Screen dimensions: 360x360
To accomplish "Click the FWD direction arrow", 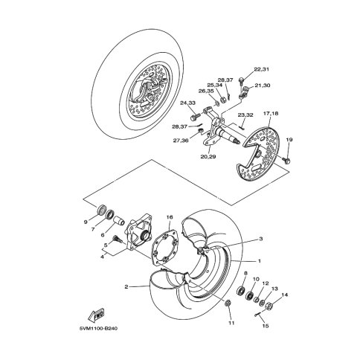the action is coord(96,315).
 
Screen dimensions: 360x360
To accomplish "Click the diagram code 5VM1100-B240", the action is coord(98,329).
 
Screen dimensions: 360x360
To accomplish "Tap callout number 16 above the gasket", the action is coord(170,217).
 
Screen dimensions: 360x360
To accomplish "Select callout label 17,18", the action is coord(271,114).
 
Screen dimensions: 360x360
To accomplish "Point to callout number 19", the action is coord(289,140).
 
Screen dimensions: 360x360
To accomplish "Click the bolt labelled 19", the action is coord(286,160).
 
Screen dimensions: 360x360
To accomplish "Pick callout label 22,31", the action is coord(261,69).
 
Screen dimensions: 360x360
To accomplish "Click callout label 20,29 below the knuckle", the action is coord(208,157).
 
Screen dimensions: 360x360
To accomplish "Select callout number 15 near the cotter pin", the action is coord(266,326).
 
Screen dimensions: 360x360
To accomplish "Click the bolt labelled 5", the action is coord(117,239).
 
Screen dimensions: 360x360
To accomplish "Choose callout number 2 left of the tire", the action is coord(126,287).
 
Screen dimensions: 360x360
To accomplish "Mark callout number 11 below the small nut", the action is coord(231,323).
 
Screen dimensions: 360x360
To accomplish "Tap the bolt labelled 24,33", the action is coord(195,116).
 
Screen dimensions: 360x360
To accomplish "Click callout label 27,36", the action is coord(181,141).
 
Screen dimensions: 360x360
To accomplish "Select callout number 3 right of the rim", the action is coord(260,239).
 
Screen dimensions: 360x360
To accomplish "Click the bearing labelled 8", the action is coord(240,290).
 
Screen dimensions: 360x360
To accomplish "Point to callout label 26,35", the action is coord(206,91).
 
